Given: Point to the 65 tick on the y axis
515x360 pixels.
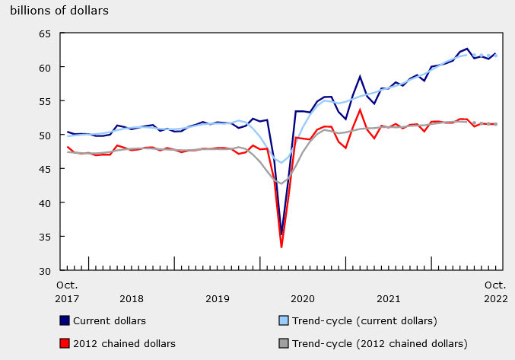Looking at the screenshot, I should [x=44, y=34].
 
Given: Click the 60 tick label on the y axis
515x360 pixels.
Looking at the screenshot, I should [x=44, y=68].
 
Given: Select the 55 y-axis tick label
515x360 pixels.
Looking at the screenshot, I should [x=44, y=101].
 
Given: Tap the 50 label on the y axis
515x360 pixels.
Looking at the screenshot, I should [x=44, y=135].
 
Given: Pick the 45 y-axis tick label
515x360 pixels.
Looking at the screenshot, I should [x=44, y=169].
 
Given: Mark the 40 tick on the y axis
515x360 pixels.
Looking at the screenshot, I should [x=44, y=203].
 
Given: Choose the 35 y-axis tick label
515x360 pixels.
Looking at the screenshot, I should [x=44, y=237].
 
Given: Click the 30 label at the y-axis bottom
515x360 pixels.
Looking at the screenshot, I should [x=44, y=270].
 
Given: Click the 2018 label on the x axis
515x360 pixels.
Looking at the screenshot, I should [x=132, y=299].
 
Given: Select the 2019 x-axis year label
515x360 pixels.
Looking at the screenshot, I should [x=218, y=299].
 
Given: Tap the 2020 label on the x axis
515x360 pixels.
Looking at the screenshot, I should [x=303, y=299].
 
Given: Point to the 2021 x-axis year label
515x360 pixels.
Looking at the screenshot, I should [x=389, y=299].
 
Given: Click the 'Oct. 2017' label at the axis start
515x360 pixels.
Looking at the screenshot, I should [x=67, y=292].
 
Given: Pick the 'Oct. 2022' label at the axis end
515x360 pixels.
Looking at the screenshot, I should [x=496, y=292].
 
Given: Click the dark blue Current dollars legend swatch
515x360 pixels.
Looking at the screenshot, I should [x=65, y=320].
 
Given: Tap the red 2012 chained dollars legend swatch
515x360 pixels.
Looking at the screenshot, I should [x=65, y=343].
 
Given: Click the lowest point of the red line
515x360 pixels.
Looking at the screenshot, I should [x=281, y=247].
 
